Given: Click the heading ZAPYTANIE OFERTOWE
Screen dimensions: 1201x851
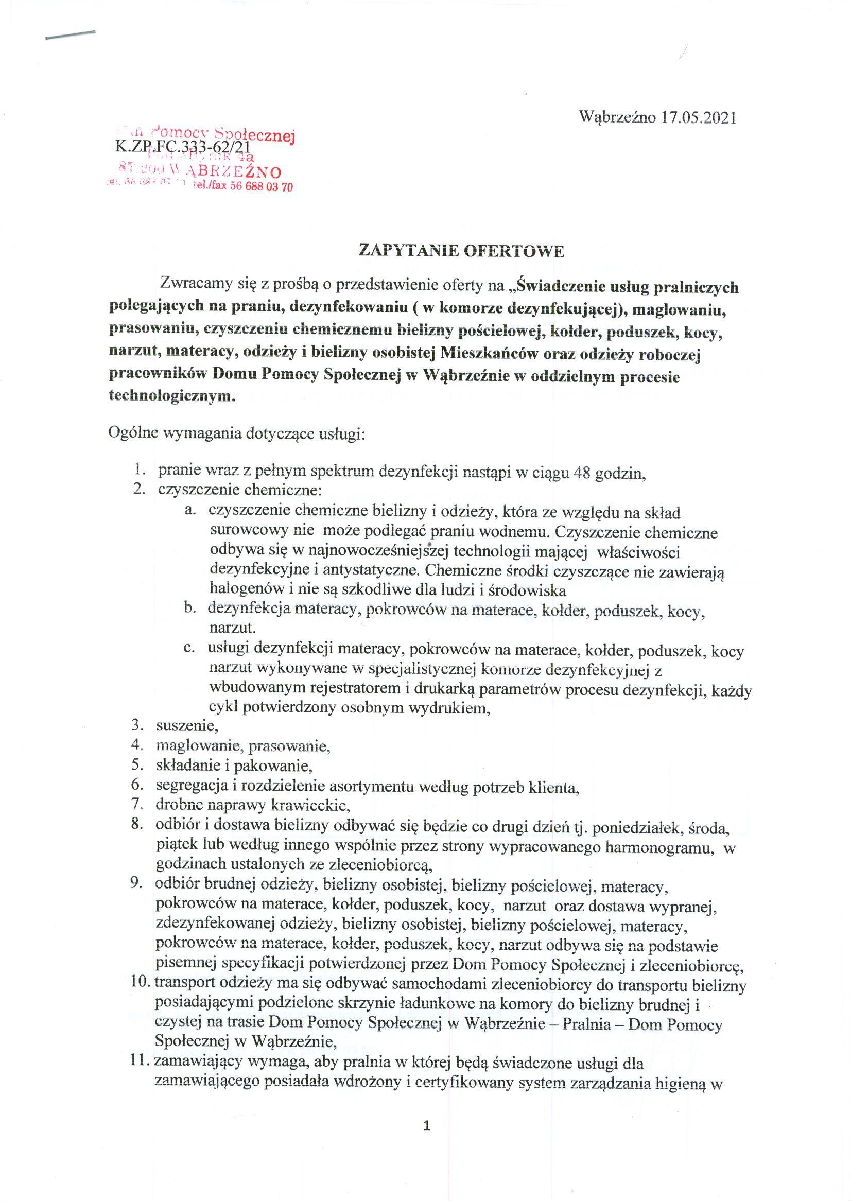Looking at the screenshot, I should click(x=461, y=252).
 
